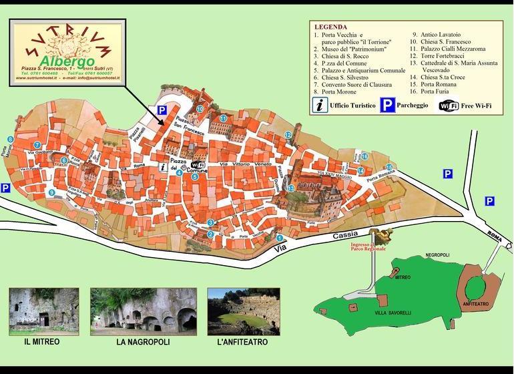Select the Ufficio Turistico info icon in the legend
point(320,105)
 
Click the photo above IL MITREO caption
point(44,311)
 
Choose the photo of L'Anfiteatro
point(242,311)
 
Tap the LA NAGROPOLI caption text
point(143,342)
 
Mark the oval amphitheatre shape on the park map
point(476,289)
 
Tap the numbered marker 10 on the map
point(200,109)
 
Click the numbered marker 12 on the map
point(288,135)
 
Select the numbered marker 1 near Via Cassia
point(280,237)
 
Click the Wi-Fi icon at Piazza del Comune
point(198,164)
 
